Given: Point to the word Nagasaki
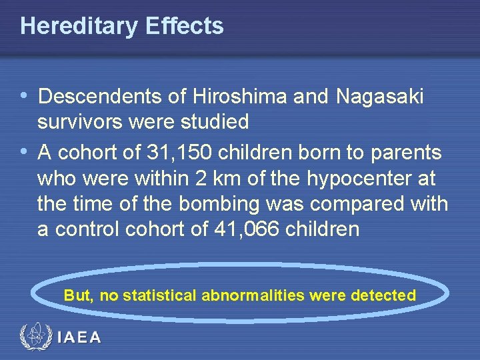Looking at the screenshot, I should click(380, 97).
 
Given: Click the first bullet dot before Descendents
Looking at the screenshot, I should click(25, 97).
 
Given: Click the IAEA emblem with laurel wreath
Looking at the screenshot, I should click(35, 337).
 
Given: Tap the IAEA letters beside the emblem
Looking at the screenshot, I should click(79, 337).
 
